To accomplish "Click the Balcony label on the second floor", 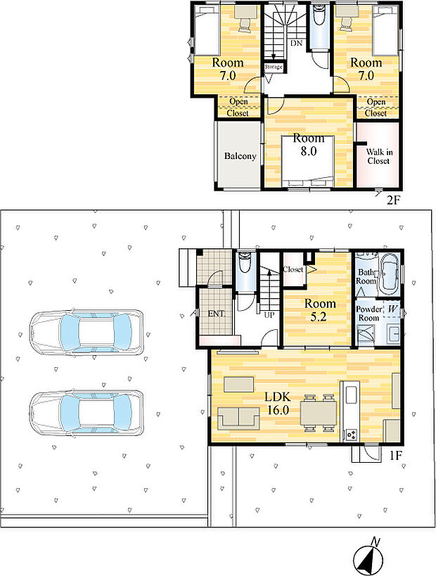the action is point(241,155).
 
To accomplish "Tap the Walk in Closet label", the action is point(379,156).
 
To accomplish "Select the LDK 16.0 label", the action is point(278,403).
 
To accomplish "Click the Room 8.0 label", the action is point(309,144).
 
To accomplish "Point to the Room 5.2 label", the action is point(320,309).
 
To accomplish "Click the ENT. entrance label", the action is point(216,314).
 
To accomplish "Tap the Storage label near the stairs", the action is point(274,67).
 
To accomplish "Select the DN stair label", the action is point(297,44).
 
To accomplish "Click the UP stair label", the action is point(269,315).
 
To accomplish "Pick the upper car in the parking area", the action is point(86,333).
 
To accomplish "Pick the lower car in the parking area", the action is point(86,414).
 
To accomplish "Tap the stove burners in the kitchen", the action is point(350,435).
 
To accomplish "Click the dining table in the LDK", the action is point(319,412).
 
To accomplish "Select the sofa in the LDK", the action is point(239,417).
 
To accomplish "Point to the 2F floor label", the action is point(392,200).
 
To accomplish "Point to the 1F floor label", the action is point(397,456).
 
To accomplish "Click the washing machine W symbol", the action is point(392,309).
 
